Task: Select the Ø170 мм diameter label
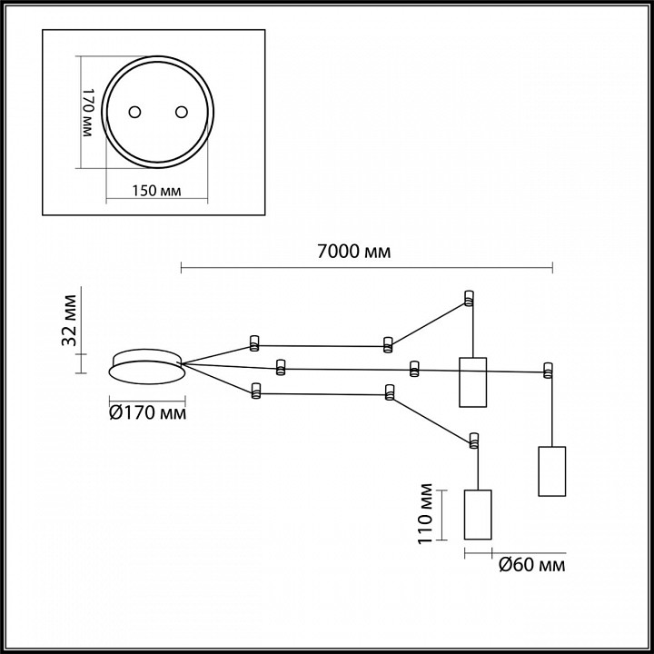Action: [147, 414]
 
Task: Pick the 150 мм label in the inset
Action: [157, 191]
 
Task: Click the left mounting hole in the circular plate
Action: [135, 112]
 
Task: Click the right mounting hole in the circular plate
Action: [180, 112]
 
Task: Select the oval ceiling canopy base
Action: [146, 363]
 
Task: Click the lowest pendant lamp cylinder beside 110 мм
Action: [478, 514]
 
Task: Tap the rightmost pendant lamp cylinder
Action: [551, 471]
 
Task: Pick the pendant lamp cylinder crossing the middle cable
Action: [472, 382]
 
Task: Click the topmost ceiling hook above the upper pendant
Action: [469, 297]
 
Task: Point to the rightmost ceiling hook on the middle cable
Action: [547, 370]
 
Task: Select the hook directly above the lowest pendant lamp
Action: [472, 441]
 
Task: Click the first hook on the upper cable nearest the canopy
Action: [254, 343]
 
